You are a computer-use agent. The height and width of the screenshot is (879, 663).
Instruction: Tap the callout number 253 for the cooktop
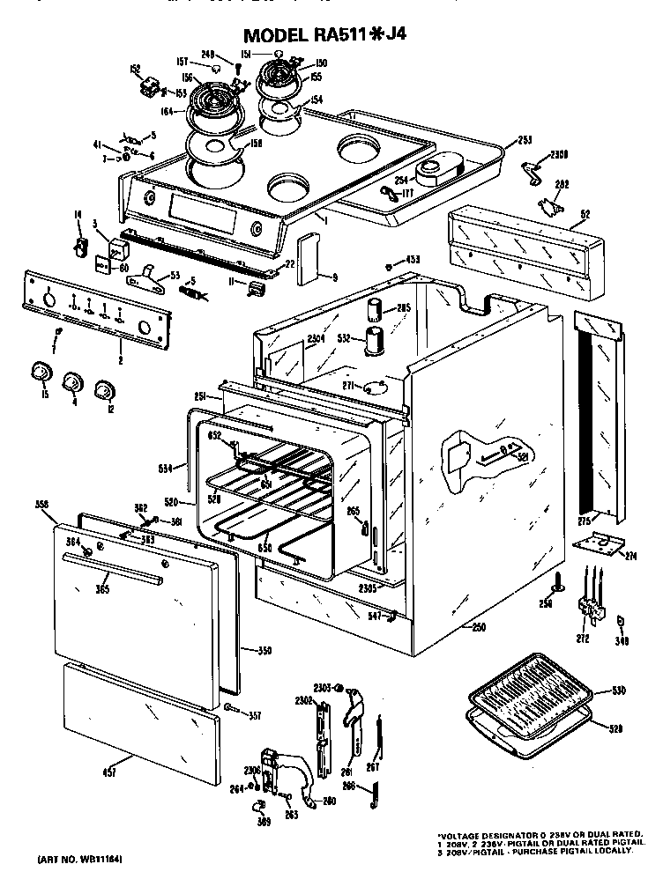525,140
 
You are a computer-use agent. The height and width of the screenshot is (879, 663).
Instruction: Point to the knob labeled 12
105,388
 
